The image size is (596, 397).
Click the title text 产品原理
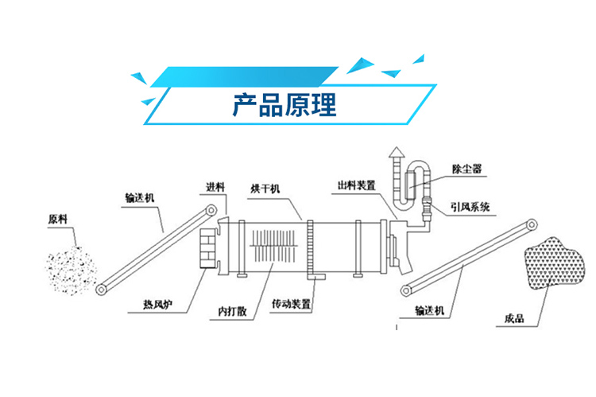click(284, 106)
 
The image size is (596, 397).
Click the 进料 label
click(214, 189)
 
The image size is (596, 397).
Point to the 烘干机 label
click(265, 189)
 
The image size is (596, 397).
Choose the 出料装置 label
click(355, 185)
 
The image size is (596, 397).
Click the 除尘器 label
click(465, 168)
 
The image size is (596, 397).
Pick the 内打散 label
click(230, 310)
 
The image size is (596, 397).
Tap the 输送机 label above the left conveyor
click(141, 198)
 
